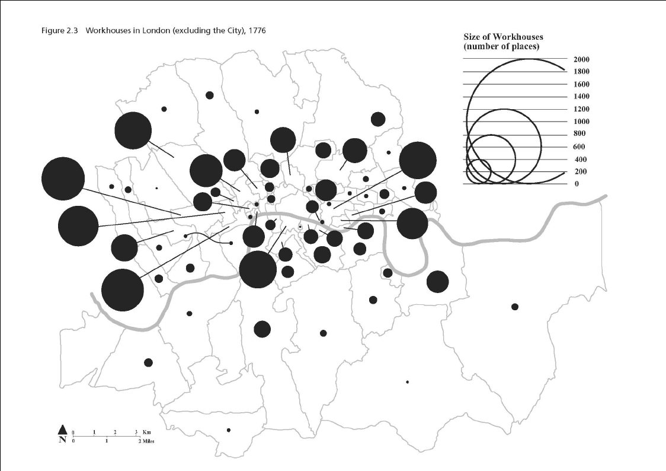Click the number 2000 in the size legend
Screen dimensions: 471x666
point(581,59)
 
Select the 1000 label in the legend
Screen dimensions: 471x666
point(581,122)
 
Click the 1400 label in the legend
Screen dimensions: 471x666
point(581,97)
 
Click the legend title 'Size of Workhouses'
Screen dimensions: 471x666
point(503,37)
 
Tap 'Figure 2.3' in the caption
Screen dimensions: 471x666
point(59,30)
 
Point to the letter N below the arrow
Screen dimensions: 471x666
point(62,440)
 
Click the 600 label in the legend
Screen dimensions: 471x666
point(579,147)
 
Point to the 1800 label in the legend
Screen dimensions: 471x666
point(581,72)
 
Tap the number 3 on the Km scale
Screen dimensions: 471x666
point(136,432)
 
